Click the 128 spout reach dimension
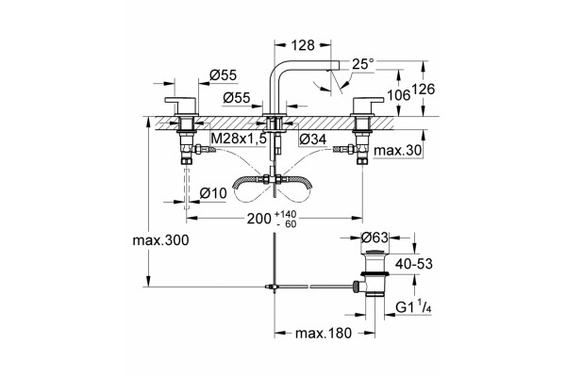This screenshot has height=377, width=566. pyautogui.click(x=303, y=45)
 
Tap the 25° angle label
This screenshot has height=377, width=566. pyautogui.click(x=363, y=64)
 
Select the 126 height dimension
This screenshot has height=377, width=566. pyautogui.click(x=424, y=90)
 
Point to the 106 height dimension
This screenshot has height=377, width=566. pyautogui.click(x=398, y=95)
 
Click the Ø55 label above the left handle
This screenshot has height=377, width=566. pyautogui.click(x=223, y=75)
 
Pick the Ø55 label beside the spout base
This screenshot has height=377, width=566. pyautogui.click(x=237, y=97)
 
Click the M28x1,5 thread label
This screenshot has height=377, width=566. pyautogui.click(x=239, y=139)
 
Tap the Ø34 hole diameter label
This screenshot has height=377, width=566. pyautogui.click(x=313, y=139)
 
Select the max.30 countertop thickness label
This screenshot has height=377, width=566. pyautogui.click(x=397, y=150)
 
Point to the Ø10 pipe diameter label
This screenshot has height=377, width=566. pyautogui.click(x=213, y=193)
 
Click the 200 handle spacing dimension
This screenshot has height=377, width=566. pyautogui.click(x=272, y=219)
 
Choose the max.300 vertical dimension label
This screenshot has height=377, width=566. pyautogui.click(x=160, y=240)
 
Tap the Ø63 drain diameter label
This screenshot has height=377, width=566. pyautogui.click(x=375, y=238)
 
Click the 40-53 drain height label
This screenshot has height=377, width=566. pyautogui.click(x=414, y=264)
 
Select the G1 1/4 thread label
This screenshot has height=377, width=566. pyautogui.click(x=413, y=307)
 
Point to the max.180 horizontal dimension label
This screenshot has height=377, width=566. pyautogui.click(x=323, y=334)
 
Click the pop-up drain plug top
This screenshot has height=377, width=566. pyautogui.click(x=375, y=252)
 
